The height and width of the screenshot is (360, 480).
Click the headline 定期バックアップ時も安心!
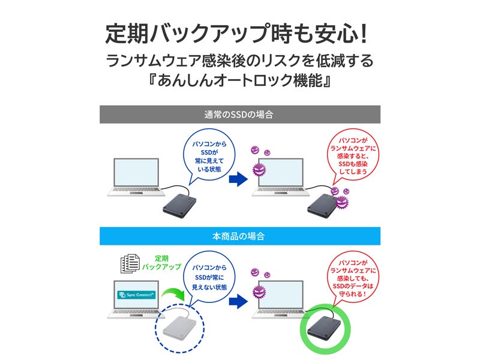point(239,34)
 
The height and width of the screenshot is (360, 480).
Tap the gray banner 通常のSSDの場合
point(239,114)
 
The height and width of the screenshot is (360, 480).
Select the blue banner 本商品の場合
point(239,236)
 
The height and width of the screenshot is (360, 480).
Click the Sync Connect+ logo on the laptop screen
point(136,295)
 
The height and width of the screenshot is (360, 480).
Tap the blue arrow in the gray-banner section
point(239,178)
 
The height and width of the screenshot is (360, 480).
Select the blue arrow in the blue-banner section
point(239,299)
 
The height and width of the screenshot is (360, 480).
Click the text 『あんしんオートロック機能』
point(239,82)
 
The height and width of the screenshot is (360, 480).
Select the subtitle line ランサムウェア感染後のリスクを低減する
point(239,61)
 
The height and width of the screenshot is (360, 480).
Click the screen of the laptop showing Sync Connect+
point(136,295)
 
